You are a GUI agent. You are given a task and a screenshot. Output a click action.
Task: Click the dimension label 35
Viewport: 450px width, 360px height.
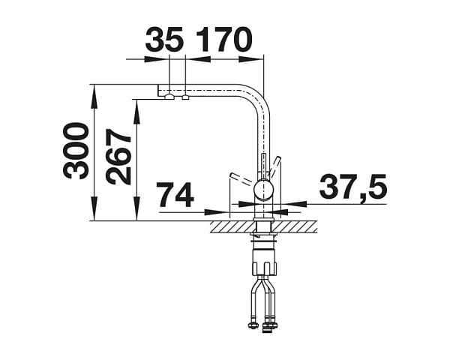click(x=163, y=39)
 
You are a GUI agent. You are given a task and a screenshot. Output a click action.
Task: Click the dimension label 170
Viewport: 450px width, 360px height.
click(x=223, y=39)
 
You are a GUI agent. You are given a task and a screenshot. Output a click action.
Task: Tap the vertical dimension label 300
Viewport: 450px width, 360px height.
click(x=75, y=151)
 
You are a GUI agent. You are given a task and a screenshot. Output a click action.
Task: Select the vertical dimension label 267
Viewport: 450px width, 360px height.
click(x=118, y=157)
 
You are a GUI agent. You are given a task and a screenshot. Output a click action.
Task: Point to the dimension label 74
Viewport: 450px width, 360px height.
click(x=176, y=195)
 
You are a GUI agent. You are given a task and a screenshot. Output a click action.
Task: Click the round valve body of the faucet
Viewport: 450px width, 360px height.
click(x=264, y=190)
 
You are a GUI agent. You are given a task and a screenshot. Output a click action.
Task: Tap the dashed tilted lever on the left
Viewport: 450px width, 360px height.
click(x=243, y=178)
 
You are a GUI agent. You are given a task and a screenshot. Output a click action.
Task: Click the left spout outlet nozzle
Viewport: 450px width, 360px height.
click(x=169, y=97)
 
